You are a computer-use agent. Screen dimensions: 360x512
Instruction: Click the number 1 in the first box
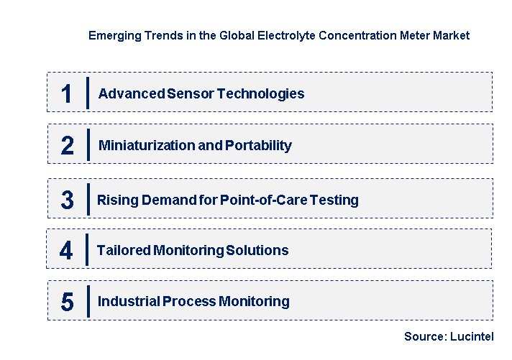tap(67, 93)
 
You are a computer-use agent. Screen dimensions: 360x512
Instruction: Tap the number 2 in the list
tap(67, 145)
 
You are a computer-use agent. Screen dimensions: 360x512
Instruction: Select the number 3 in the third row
tap(67, 200)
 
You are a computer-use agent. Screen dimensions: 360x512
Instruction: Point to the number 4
tap(67, 250)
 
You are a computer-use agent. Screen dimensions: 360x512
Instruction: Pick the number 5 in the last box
tap(67, 302)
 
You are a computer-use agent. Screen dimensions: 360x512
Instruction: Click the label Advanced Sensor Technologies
tap(201, 93)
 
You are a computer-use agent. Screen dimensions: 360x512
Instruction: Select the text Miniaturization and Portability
tap(195, 145)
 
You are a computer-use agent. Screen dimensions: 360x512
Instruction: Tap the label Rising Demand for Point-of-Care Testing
tap(228, 200)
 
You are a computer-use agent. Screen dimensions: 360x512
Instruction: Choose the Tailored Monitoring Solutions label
tap(193, 250)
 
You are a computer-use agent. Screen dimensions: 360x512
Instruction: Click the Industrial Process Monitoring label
tap(193, 302)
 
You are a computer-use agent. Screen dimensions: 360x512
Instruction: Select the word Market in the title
tap(452, 35)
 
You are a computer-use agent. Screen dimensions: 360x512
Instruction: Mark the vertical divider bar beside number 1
tap(87, 93)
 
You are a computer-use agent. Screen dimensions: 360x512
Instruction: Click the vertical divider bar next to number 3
tap(87, 199)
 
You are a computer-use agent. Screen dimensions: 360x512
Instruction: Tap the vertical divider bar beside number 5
tap(87, 301)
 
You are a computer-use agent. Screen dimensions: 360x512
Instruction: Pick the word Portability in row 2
tap(259, 145)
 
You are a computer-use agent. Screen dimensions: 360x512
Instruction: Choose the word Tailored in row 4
tap(123, 250)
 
